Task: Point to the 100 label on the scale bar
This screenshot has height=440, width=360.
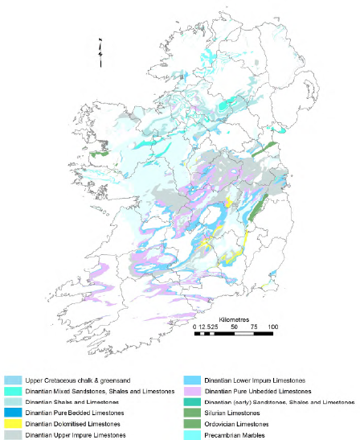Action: [272, 326]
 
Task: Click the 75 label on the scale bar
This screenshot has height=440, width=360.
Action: [253, 326]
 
